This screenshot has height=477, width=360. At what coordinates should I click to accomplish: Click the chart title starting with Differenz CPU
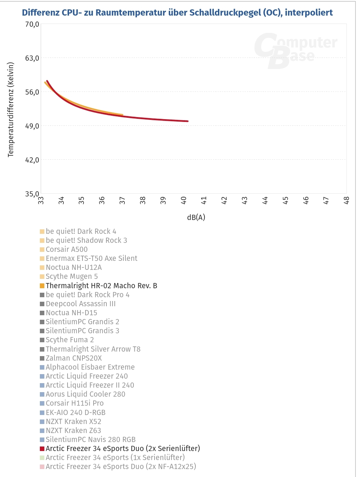point(177,13)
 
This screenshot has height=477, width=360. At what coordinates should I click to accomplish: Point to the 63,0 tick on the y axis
point(32,58)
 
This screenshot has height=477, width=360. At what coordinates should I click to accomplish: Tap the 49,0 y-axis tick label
point(32,126)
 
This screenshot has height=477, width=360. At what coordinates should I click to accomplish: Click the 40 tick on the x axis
point(184,200)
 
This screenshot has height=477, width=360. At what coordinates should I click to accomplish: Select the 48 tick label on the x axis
point(346,200)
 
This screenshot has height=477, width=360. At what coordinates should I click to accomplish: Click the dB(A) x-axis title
point(196,218)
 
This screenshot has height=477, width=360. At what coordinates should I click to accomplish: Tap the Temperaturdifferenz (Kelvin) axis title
point(11,109)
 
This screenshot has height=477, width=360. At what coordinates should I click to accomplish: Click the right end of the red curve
point(187,121)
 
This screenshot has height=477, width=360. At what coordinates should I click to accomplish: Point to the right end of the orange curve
point(122,115)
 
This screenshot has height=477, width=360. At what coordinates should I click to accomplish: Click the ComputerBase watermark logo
point(295,51)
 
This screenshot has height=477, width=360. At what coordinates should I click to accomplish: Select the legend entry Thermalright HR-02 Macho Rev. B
point(101,286)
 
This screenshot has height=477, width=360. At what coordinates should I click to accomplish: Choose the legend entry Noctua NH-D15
point(71,313)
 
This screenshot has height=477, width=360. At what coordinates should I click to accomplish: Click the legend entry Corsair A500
point(67,249)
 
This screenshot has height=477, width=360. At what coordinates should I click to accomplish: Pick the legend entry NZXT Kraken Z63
point(73,431)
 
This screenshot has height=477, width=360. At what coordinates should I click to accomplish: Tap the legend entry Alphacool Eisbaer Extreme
point(90,367)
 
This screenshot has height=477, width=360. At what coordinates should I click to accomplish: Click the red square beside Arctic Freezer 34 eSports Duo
point(42,449)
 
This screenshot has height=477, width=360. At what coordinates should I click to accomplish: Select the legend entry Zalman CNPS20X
point(74,358)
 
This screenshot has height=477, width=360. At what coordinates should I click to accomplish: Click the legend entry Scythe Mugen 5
point(72,276)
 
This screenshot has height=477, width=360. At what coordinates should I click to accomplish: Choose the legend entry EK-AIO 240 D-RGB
point(76,413)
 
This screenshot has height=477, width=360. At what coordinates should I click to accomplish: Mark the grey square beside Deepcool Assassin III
point(42,304)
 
